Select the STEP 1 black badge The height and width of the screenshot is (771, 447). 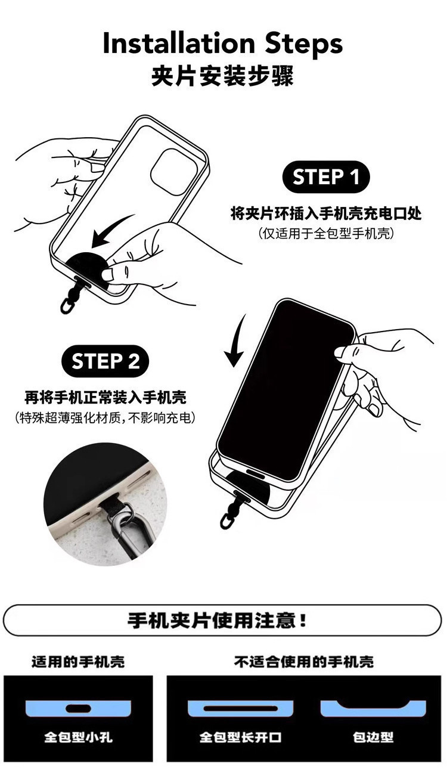point(326,178)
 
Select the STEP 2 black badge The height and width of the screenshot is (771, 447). point(105,361)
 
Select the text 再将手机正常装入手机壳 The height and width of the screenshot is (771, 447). point(105,397)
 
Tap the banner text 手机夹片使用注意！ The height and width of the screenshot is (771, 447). point(219,621)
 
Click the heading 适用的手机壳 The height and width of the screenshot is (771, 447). point(78,662)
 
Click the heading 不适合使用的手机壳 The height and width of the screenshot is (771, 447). point(304,662)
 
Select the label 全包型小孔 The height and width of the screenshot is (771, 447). point(78,738)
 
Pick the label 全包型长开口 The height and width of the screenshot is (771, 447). point(240,738)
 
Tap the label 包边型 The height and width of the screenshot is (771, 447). point(373,738)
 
